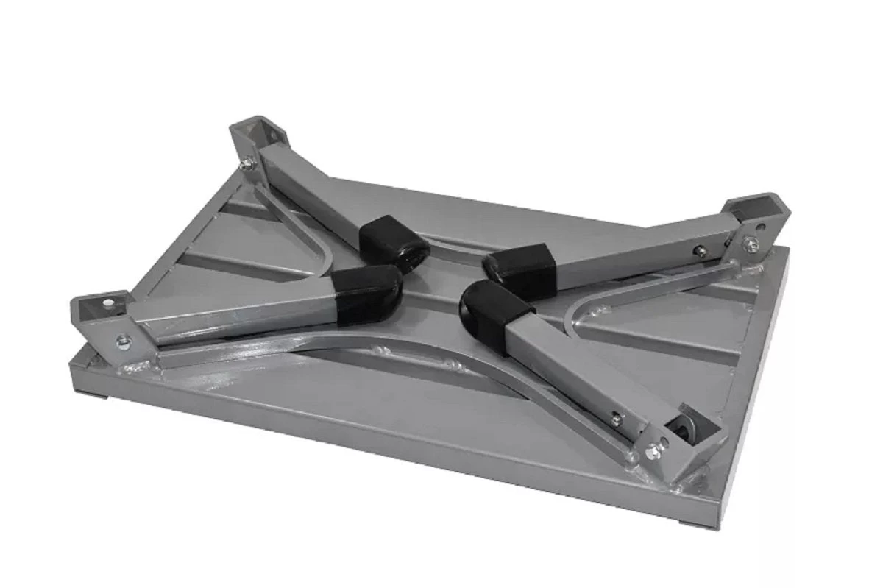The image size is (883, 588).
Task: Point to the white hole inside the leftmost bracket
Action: tap(110, 302)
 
